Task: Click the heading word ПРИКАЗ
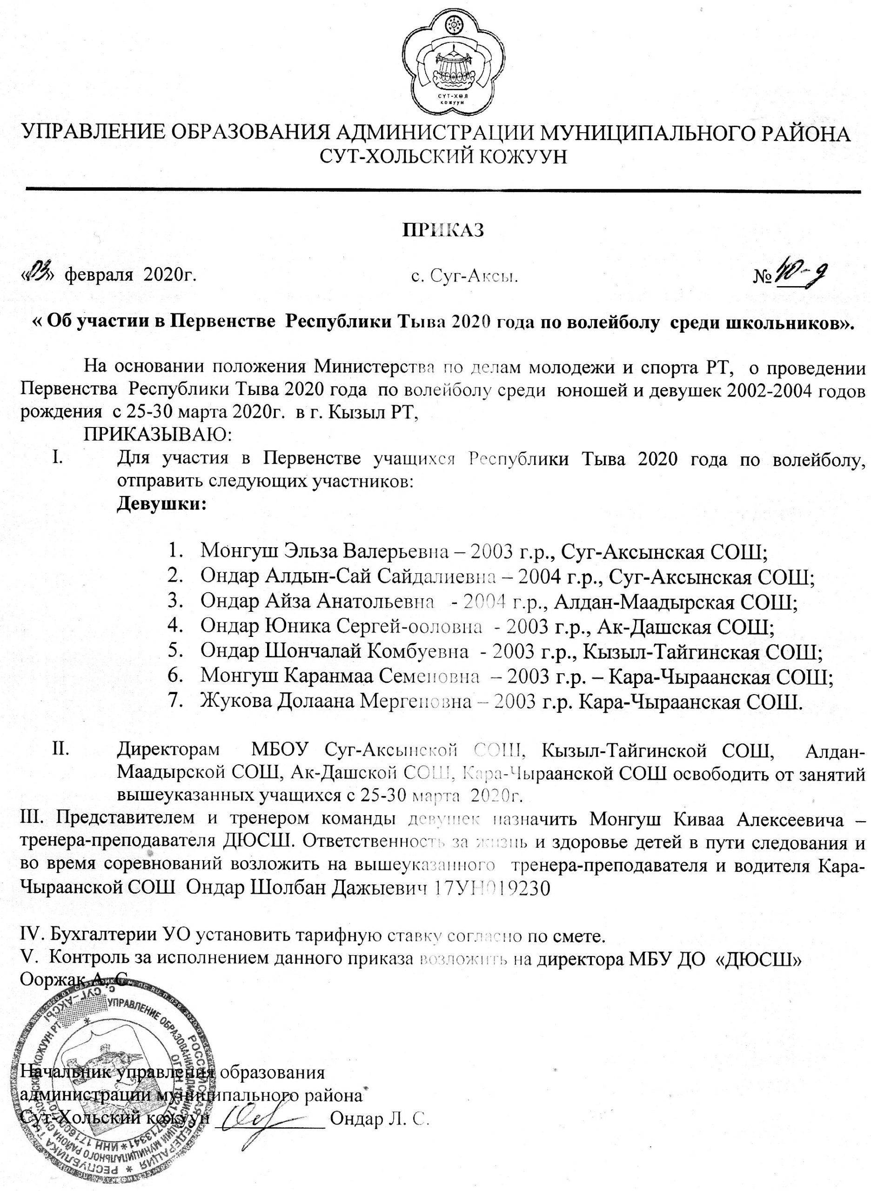[443, 230]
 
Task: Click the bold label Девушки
[161, 503]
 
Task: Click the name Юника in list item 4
[296, 626]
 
